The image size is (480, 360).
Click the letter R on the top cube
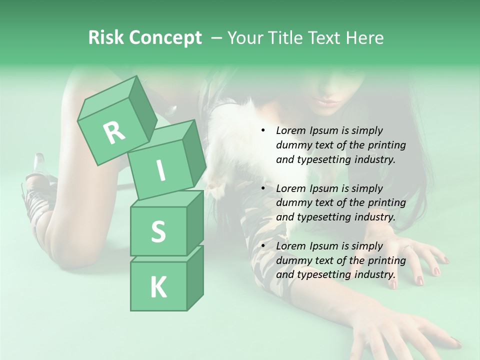pyautogui.click(x=114, y=132)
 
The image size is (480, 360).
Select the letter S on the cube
pyautogui.click(x=158, y=231)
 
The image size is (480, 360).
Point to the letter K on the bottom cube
pyautogui.click(x=158, y=287)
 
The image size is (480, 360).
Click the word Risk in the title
pyautogui.click(x=106, y=37)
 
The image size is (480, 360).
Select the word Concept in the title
pyautogui.click(x=165, y=38)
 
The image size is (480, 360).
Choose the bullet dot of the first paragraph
pyautogui.click(x=263, y=130)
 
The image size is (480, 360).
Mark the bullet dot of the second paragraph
pyautogui.click(x=263, y=188)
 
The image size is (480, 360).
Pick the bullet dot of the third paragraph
pyautogui.click(x=263, y=246)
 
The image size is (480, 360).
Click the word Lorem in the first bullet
pyautogui.click(x=291, y=130)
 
